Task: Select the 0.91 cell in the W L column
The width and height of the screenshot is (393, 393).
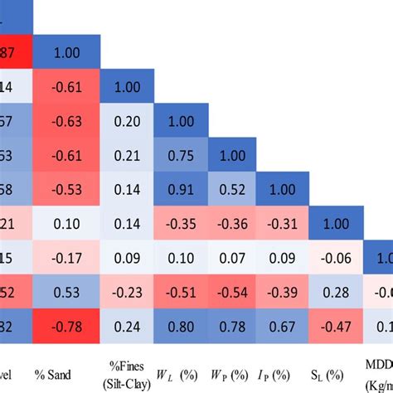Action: click(x=181, y=189)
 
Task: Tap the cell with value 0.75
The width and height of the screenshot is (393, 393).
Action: click(x=181, y=155)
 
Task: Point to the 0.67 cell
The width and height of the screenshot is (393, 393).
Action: click(x=284, y=326)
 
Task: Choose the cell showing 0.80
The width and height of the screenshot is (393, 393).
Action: click(x=181, y=326)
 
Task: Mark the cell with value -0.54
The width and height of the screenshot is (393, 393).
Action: click(x=232, y=292)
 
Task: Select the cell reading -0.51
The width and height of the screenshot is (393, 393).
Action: click(x=181, y=292)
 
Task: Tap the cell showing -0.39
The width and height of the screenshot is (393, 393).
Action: click(x=284, y=292)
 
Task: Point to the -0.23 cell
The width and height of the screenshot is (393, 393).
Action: click(x=129, y=292)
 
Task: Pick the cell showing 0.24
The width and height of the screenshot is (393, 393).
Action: click(x=129, y=326)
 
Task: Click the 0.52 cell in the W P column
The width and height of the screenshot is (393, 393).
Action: click(x=232, y=189)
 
